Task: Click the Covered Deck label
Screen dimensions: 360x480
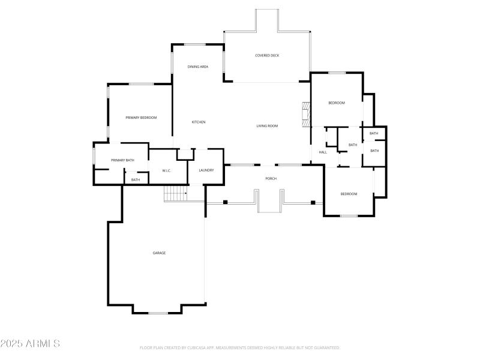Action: point(267,55)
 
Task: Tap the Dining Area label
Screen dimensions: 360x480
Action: point(197,67)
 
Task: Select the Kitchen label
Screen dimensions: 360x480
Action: point(199,122)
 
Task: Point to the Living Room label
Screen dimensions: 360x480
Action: point(267,125)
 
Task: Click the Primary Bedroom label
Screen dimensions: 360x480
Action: point(141,118)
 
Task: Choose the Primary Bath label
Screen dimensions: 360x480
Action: point(122,160)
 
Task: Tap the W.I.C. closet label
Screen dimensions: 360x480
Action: point(167,171)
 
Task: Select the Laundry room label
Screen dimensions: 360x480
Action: point(206,170)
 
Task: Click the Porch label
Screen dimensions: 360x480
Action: point(271,178)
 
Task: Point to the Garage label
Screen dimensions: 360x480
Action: point(159,253)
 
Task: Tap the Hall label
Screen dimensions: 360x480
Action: point(323,152)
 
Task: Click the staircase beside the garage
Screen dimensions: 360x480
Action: point(175,193)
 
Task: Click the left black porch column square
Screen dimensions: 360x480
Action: point(225,202)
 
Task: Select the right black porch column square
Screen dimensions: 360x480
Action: point(313,202)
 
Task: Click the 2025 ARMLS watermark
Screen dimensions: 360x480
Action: point(30,344)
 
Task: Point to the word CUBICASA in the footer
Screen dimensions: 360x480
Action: point(199,347)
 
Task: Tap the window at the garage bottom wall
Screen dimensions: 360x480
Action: point(158,313)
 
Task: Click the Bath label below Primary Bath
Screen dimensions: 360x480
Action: point(136,180)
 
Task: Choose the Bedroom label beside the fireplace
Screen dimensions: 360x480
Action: point(337,103)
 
